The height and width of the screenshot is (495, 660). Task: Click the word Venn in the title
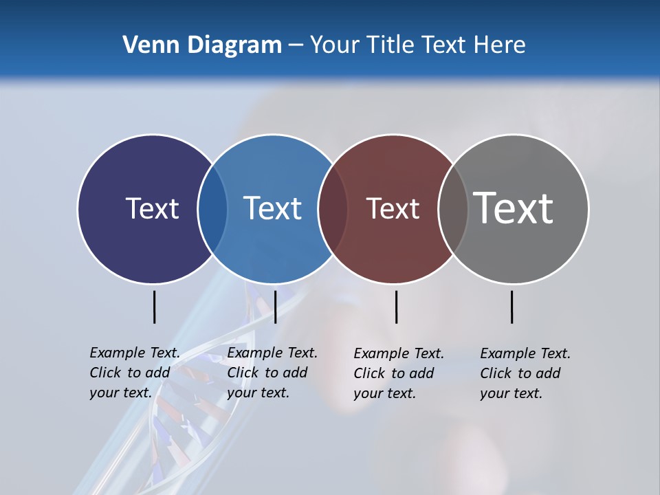[x=146, y=45]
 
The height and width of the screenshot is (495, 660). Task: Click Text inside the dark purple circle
[x=152, y=208]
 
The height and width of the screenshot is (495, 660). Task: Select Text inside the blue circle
[x=272, y=208]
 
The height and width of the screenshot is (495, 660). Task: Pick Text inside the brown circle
[x=393, y=208]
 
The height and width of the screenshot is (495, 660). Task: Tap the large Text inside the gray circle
[x=514, y=208]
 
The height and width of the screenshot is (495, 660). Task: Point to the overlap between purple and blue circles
[x=212, y=209]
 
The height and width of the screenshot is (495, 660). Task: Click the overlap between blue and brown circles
[x=333, y=209]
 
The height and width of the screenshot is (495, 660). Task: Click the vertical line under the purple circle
[x=155, y=307]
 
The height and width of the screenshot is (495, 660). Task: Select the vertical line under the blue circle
[x=275, y=307]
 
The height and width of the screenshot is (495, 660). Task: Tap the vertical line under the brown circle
[x=397, y=307]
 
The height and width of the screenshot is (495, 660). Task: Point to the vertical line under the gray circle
[x=512, y=307]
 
